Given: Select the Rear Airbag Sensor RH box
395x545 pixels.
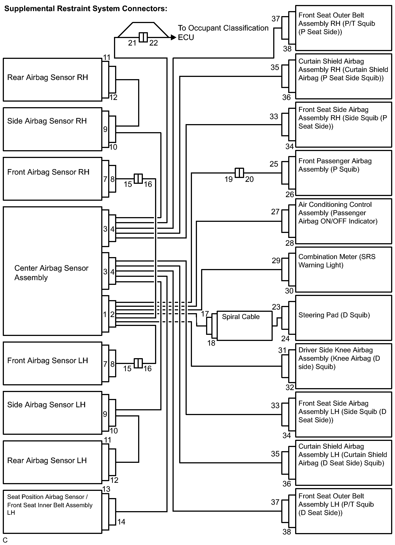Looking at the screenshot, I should pyautogui.click(x=52, y=79).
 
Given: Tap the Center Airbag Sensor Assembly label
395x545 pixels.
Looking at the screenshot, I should pyautogui.click(x=51, y=273).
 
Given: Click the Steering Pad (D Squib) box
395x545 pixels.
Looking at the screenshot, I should pyautogui.click(x=343, y=318).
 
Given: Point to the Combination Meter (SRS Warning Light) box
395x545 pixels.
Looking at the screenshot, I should pyautogui.click(x=343, y=269).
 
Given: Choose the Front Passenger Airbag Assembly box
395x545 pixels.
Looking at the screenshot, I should pyautogui.click(x=343, y=173).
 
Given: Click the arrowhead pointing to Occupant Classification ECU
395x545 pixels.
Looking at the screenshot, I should pyautogui.click(x=173, y=37).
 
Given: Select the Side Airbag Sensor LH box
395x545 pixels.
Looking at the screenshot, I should pyautogui.click(x=52, y=413).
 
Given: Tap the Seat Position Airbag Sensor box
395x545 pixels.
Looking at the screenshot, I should pyautogui.click(x=52, y=511).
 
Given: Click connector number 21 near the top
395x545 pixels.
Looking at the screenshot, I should pyautogui.click(x=132, y=43).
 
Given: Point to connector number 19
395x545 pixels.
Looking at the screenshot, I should pyautogui.click(x=228, y=179).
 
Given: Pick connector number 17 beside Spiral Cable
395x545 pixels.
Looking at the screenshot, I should pyautogui.click(x=205, y=314).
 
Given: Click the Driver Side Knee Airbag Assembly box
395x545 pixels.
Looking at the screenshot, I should pyautogui.click(x=343, y=366).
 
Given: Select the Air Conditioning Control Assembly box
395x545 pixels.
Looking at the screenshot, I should pyautogui.click(x=343, y=221).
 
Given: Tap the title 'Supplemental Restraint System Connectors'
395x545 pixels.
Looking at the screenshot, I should pyautogui.click(x=86, y=9).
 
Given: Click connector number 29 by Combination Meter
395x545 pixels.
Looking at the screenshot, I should pyautogui.click(x=276, y=260).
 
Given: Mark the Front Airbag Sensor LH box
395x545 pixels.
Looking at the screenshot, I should pyautogui.click(x=52, y=363).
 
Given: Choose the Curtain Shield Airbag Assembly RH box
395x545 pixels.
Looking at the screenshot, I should pyautogui.click(x=343, y=76).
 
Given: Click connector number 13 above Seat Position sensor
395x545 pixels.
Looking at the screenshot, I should pyautogui.click(x=106, y=489).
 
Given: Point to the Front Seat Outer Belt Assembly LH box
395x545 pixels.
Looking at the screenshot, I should pyautogui.click(x=343, y=511).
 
